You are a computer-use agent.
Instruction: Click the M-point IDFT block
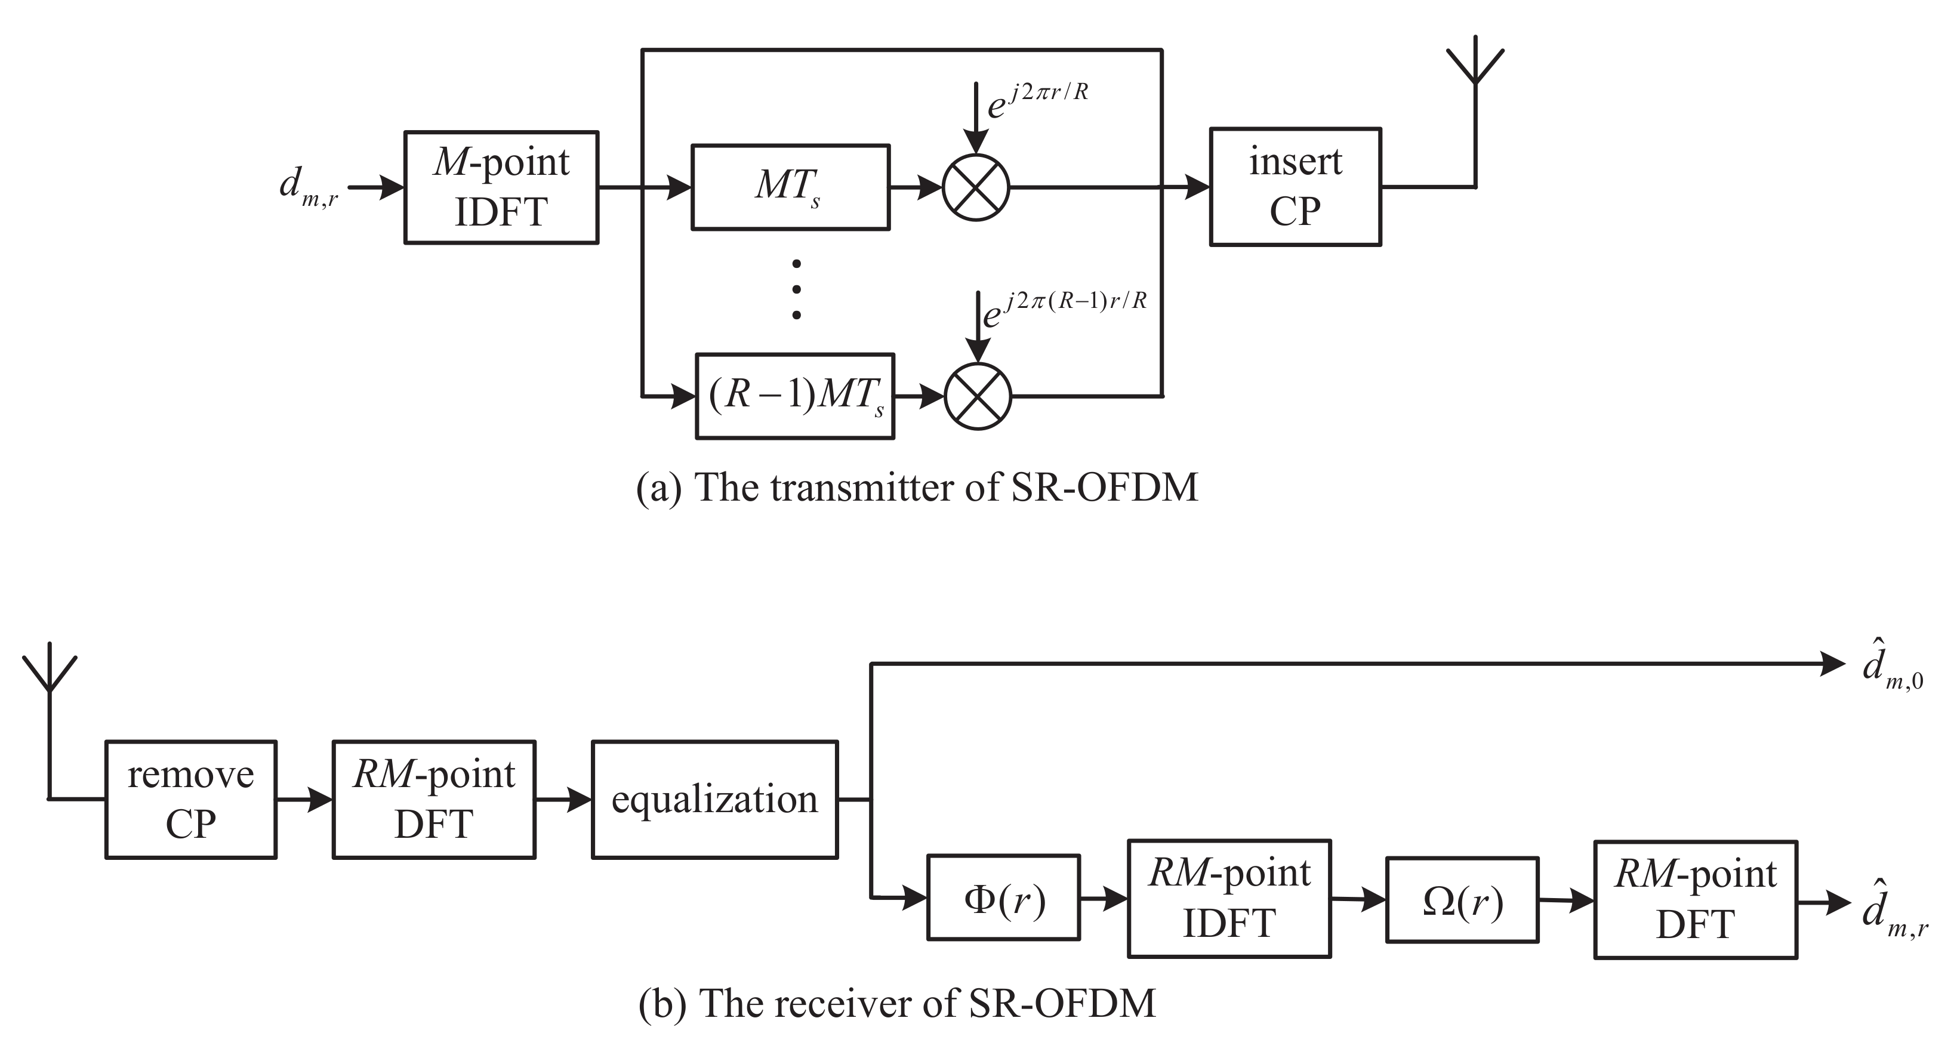[x=501, y=187]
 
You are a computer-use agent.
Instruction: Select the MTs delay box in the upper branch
[x=790, y=187]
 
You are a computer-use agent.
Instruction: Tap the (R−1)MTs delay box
[x=794, y=396]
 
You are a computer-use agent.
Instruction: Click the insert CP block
[x=1295, y=187]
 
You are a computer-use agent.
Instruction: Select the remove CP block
[x=190, y=799]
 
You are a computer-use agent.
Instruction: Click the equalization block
[x=714, y=799]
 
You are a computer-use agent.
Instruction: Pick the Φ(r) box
[x=1003, y=897]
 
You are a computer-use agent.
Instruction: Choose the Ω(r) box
[x=1462, y=900]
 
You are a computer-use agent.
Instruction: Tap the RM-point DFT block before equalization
[x=434, y=799]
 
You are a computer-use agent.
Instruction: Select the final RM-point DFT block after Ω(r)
[x=1695, y=900]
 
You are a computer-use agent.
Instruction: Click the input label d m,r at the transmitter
[x=309, y=187]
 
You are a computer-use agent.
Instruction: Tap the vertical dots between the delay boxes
[x=796, y=289]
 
